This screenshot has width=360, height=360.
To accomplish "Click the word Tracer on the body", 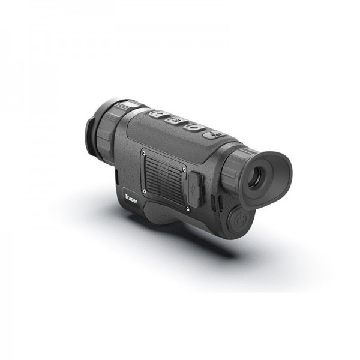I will tap(131, 198).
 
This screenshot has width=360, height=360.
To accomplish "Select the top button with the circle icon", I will tap(193, 127).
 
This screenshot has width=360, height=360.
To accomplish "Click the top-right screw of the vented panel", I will tap(196, 160).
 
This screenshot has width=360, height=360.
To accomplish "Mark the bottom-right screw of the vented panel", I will tap(188, 209).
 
